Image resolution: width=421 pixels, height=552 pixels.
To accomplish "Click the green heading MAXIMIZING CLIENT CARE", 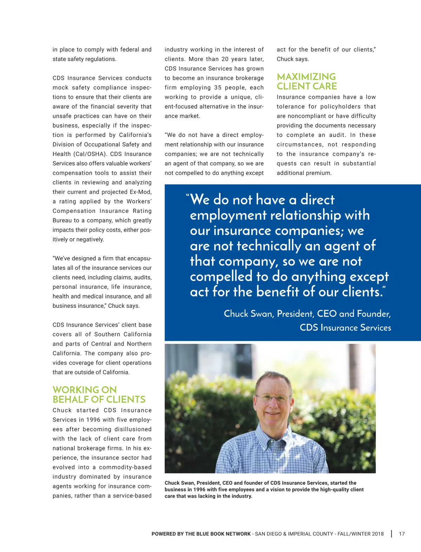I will (307, 81).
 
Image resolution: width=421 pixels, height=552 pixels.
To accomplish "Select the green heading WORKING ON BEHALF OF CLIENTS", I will (99, 395).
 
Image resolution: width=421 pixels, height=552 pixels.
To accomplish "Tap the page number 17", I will (402, 534).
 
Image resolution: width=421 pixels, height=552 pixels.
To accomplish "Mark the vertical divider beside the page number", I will (392, 534).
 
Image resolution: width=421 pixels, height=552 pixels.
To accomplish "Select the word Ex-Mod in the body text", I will (140, 192).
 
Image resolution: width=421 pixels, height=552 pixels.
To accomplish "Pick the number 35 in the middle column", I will (218, 88).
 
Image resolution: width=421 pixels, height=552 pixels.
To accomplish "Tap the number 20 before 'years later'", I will (225, 59).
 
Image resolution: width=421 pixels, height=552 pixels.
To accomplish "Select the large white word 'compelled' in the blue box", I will (221, 277).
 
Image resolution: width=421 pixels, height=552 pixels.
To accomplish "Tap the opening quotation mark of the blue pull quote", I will (188, 196).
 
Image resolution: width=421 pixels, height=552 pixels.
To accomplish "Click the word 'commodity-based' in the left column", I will (125, 467).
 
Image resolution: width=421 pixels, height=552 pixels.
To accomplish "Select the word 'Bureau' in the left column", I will (62, 220).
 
